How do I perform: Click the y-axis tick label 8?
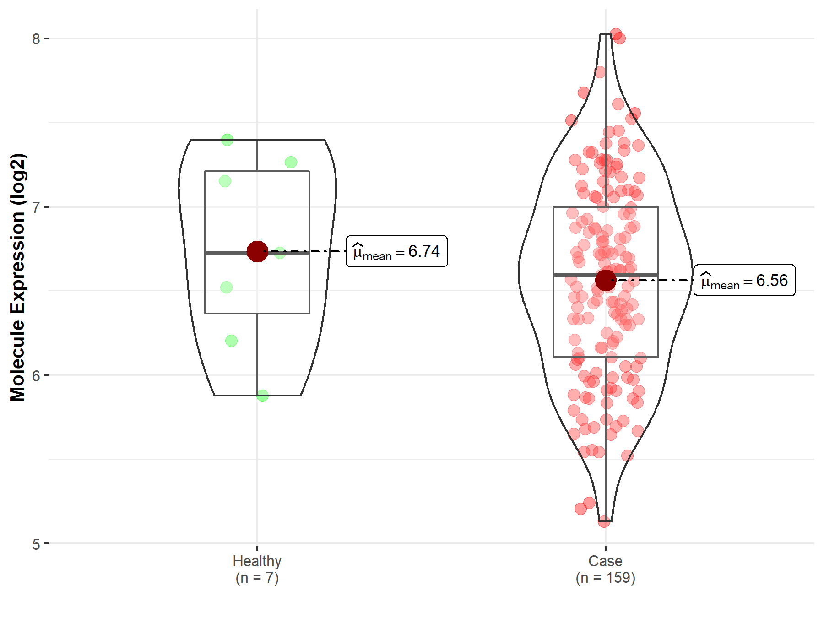pos(36,39)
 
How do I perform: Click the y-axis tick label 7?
pos(36,207)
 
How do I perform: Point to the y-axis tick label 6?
pos(36,375)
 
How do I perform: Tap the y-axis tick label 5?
pos(36,544)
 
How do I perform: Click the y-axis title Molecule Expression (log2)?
pos(17,277)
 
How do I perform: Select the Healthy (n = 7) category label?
pos(257,569)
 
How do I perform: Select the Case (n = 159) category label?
pos(606,569)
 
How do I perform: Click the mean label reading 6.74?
pos(396,251)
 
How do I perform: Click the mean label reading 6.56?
pos(744,280)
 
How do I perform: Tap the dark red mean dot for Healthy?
pos(257,251)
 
